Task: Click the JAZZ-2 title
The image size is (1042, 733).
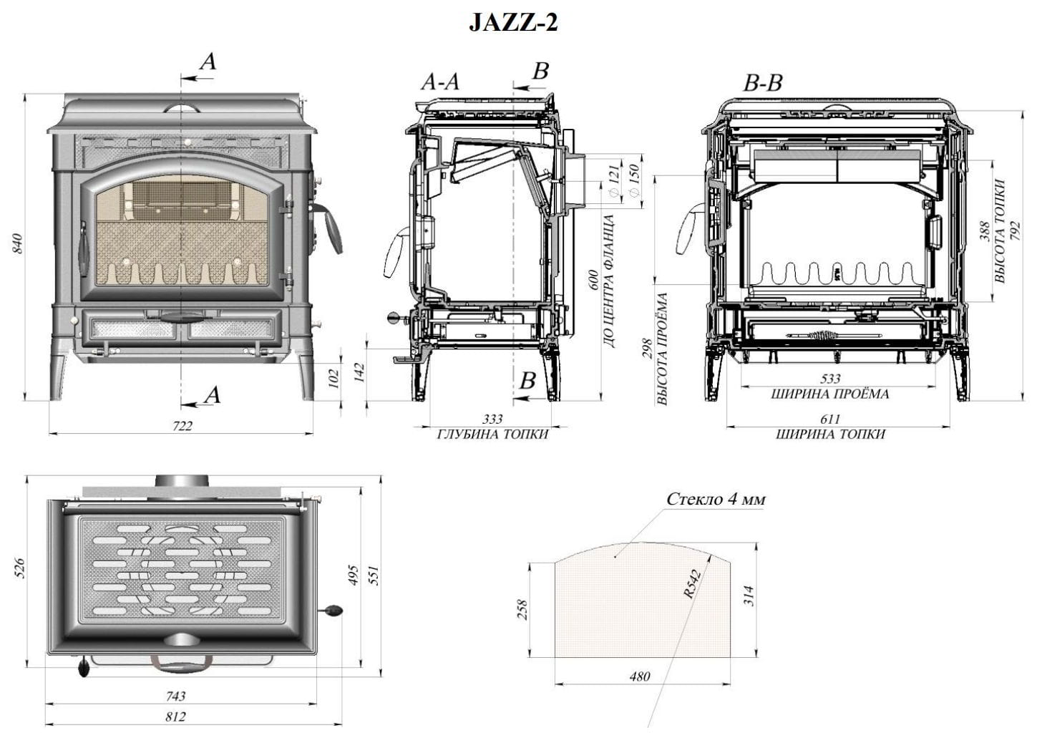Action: pyautogui.click(x=512, y=23)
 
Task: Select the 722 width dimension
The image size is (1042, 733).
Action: pyautogui.click(x=182, y=425)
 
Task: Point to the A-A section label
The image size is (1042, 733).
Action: pyautogui.click(x=439, y=82)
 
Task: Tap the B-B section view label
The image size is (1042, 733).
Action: pyautogui.click(x=763, y=84)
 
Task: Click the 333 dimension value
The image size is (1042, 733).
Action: pyautogui.click(x=492, y=419)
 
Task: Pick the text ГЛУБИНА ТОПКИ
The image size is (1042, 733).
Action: pyautogui.click(x=492, y=434)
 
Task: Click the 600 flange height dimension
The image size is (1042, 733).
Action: pyautogui.click(x=593, y=281)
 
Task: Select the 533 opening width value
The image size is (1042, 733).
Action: pyautogui.click(x=830, y=379)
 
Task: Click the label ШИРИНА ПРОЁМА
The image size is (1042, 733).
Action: pyautogui.click(x=830, y=394)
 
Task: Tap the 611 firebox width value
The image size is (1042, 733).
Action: pyautogui.click(x=830, y=419)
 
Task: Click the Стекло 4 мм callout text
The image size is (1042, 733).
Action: pyautogui.click(x=716, y=499)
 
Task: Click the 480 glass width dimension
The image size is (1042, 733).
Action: pyautogui.click(x=641, y=676)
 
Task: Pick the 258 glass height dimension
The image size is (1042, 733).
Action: pyautogui.click(x=522, y=610)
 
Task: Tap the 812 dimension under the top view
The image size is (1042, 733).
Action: pyautogui.click(x=175, y=717)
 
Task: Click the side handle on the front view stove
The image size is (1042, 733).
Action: pyautogui.click(x=328, y=228)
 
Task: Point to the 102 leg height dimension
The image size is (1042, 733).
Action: pyautogui.click(x=331, y=379)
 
